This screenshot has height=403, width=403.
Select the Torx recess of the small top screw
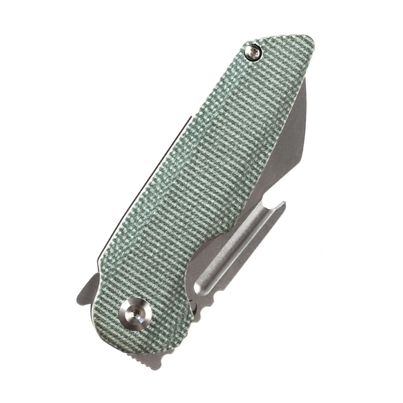pyautogui.click(x=253, y=51)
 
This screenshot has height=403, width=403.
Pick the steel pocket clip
pyautogui.click(x=237, y=252)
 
